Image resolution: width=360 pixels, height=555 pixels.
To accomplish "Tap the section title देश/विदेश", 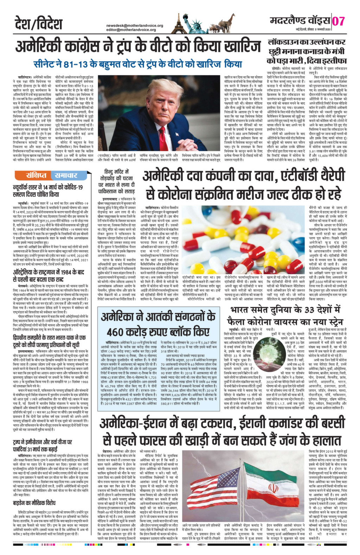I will click(39, 24).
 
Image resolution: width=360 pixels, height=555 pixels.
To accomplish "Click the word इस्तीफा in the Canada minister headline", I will click(333, 59).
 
